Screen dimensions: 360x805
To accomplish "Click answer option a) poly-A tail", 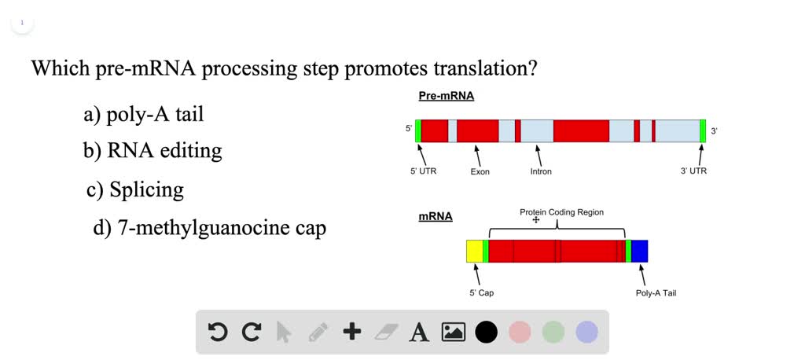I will tap(144, 115).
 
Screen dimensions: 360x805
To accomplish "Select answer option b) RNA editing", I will tap(153, 151).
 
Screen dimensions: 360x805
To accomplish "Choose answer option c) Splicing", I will tap(135, 189).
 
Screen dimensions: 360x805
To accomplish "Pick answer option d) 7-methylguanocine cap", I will tap(209, 228).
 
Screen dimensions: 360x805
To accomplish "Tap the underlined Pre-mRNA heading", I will tap(446, 96).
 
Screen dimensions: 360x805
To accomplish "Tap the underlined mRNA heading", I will tap(435, 216).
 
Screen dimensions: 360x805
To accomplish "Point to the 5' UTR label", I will tap(423, 171).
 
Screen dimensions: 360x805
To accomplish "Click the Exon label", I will tap(480, 171).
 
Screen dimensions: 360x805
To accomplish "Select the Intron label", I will tap(541, 171).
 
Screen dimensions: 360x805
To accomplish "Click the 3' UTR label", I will tap(693, 171).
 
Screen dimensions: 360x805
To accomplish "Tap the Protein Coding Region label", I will tap(561, 212).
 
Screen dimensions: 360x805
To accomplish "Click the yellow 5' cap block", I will tap(474, 251).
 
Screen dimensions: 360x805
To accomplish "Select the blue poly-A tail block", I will tap(639, 251).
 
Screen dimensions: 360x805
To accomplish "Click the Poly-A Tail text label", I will tap(656, 293).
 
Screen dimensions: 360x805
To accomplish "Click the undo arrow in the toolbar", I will tap(218, 332).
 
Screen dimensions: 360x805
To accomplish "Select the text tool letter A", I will tap(420, 332).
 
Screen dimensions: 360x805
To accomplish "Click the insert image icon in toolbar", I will tap(454, 332).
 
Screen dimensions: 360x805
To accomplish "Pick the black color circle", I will tap(487, 332).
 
